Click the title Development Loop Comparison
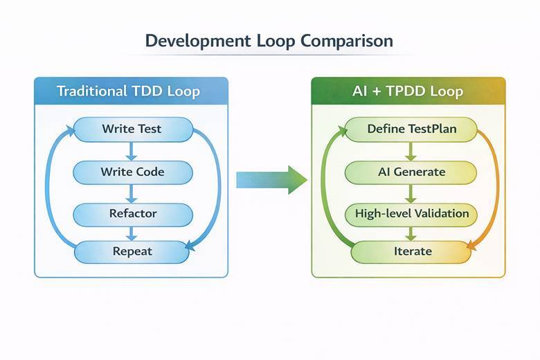point(269,40)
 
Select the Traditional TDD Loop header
point(131,91)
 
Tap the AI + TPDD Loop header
point(408,91)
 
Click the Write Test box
point(132,129)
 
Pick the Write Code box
point(132,171)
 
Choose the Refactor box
point(132,213)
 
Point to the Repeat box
point(132,251)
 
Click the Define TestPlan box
point(411,129)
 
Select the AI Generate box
point(411,171)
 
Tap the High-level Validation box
point(411,213)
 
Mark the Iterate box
point(411,251)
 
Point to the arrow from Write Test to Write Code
point(132,150)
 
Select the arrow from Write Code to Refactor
point(132,192)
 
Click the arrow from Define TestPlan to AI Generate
point(411,150)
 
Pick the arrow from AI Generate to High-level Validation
point(411,192)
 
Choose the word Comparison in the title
point(347,40)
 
